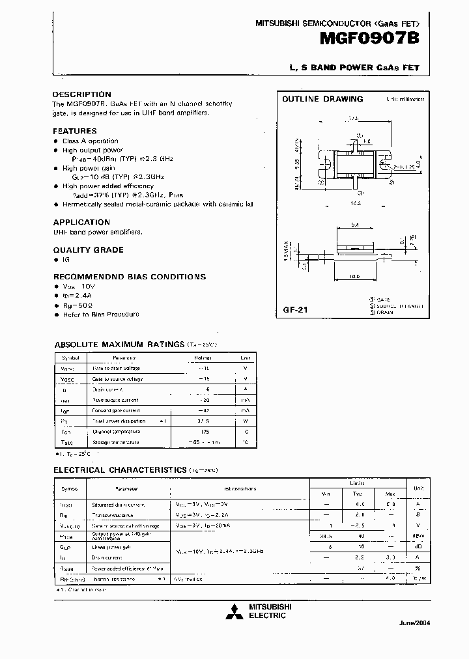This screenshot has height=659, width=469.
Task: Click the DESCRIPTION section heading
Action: coord(82,94)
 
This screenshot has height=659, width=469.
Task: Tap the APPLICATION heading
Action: coord(81,222)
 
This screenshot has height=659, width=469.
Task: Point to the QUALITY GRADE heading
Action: coord(88,249)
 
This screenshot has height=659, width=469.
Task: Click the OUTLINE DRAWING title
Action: coord(322,99)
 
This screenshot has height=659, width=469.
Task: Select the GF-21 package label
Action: coord(291,311)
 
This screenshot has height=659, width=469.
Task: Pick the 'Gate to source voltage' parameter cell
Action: coord(117,378)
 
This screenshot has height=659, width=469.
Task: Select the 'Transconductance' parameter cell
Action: coord(115,514)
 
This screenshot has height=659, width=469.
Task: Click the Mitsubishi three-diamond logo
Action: coord(231,611)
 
